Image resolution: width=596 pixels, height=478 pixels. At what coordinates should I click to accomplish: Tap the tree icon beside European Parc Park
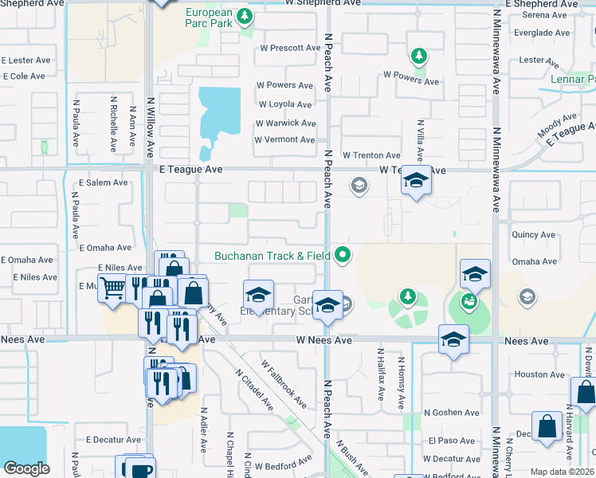click(246, 15)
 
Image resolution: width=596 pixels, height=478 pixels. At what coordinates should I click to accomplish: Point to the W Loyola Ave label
click(284, 104)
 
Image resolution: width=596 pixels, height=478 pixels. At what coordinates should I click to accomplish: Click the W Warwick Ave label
click(285, 123)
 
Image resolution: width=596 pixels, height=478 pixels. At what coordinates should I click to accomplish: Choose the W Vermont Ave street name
click(284, 140)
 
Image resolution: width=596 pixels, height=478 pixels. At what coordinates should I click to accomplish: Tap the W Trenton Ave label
click(371, 155)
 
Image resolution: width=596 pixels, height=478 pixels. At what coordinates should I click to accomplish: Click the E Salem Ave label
click(104, 182)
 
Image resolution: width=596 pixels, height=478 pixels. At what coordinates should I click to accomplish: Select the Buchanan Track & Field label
click(273, 256)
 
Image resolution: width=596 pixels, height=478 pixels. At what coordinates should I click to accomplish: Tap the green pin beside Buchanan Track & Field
click(343, 255)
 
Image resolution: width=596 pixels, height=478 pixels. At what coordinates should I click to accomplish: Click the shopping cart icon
click(112, 288)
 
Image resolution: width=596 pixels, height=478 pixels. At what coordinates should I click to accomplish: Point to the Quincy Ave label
click(534, 235)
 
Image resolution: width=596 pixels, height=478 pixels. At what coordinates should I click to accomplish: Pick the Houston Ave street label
click(539, 374)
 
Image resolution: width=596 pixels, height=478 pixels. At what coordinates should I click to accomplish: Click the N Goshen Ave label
click(451, 413)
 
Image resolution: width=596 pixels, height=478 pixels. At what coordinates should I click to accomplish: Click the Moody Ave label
click(557, 125)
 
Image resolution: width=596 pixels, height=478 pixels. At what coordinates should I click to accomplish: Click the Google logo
click(26, 468)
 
